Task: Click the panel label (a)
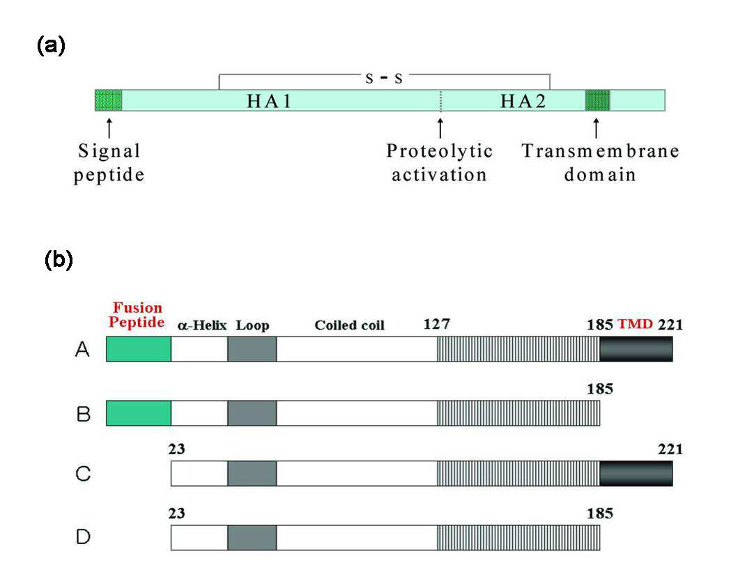click(51, 46)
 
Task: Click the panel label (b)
click(59, 260)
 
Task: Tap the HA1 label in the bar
click(269, 101)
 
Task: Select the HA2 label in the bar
click(523, 101)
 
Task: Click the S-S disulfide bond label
click(384, 78)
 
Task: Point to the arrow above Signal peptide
click(109, 127)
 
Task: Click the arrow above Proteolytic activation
click(440, 127)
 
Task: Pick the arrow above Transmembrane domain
click(596, 127)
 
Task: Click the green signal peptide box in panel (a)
click(109, 100)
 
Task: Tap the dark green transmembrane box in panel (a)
click(598, 100)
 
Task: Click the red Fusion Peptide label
click(137, 315)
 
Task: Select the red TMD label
click(635, 324)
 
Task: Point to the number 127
click(436, 323)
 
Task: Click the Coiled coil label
click(349, 325)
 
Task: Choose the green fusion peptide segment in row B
click(139, 413)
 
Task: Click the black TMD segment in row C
click(636, 473)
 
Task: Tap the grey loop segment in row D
click(252, 538)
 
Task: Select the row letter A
click(82, 349)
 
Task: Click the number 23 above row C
click(177, 449)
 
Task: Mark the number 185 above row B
click(599, 389)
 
